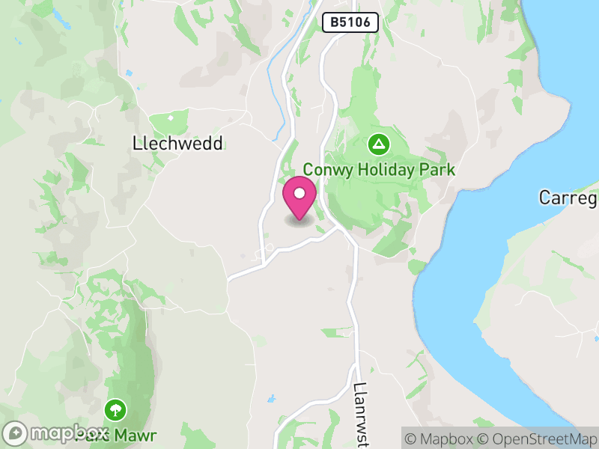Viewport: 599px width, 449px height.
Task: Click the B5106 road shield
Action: pos(350,22)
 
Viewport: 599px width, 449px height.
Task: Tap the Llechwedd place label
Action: pos(177,144)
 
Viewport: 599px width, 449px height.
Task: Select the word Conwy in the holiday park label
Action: pos(327,170)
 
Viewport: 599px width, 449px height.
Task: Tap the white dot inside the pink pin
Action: pos(299,194)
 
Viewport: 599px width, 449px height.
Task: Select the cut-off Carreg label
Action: pos(568,198)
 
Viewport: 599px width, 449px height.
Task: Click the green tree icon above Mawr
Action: pos(115,409)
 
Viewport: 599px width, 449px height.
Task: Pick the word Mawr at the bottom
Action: pos(136,434)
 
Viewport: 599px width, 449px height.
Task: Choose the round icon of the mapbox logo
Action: pos(16,433)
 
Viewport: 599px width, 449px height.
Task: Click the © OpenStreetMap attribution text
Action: pos(539,437)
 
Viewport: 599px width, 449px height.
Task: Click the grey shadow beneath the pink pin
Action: pos(299,222)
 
